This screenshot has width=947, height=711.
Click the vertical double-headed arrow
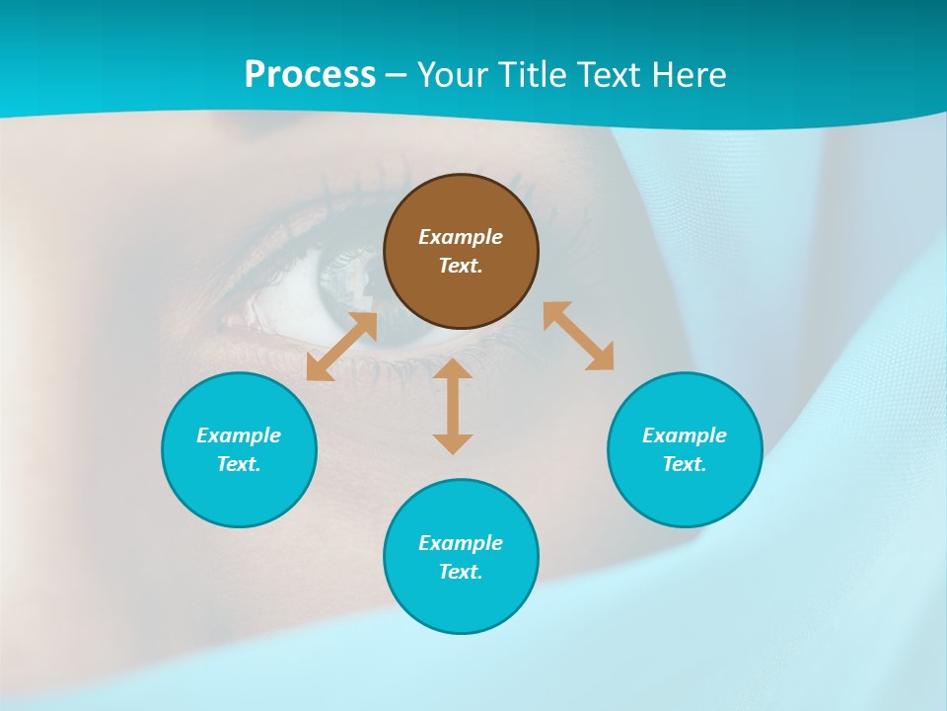(x=453, y=406)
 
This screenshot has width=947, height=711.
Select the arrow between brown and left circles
(x=341, y=347)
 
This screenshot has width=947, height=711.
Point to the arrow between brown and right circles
(x=578, y=336)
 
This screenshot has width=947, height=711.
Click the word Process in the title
(x=310, y=75)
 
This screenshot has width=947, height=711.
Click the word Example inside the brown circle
(x=461, y=237)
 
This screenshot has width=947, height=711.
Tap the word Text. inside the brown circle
(x=461, y=266)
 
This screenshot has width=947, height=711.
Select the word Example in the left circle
(x=239, y=435)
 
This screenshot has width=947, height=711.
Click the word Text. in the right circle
(x=685, y=464)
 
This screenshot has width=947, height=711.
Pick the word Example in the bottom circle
(x=461, y=543)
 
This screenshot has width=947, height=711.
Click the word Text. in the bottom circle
(x=461, y=572)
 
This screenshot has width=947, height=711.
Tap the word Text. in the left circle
(x=239, y=464)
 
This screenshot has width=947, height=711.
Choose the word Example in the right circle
(x=685, y=435)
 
